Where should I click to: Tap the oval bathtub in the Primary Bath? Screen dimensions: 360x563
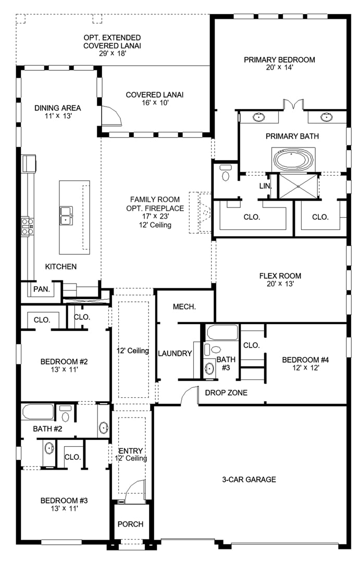coord(293,160)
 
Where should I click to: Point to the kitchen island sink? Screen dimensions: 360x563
coord(66,215)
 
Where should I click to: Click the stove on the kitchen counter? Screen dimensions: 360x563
coord(27,227)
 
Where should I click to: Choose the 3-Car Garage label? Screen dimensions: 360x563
coord(249,480)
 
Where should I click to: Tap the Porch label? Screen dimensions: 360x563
coord(130,524)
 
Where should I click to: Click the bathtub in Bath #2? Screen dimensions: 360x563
coord(38,412)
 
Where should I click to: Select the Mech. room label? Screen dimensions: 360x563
coord(184,307)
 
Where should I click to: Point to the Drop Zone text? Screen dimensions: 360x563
coord(226,393)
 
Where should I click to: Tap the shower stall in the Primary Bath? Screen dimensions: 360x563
coord(299,186)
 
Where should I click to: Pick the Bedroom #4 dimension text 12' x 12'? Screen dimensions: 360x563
coord(305,368)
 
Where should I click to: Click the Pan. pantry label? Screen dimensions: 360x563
coord(42,289)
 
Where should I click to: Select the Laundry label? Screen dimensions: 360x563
coord(175,353)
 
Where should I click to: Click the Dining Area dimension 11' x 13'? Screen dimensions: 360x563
coord(58,116)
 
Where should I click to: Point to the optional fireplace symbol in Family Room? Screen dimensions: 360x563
coord(200,213)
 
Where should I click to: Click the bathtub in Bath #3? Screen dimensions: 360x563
coord(222,333)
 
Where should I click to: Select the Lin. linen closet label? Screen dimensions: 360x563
coord(266,186)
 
